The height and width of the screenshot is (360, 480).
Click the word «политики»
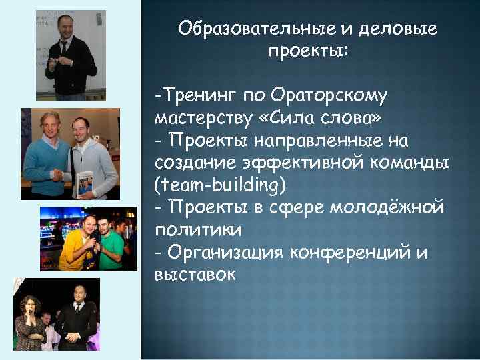coord(194,230)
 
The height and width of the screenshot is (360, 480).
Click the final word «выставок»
coord(195,274)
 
